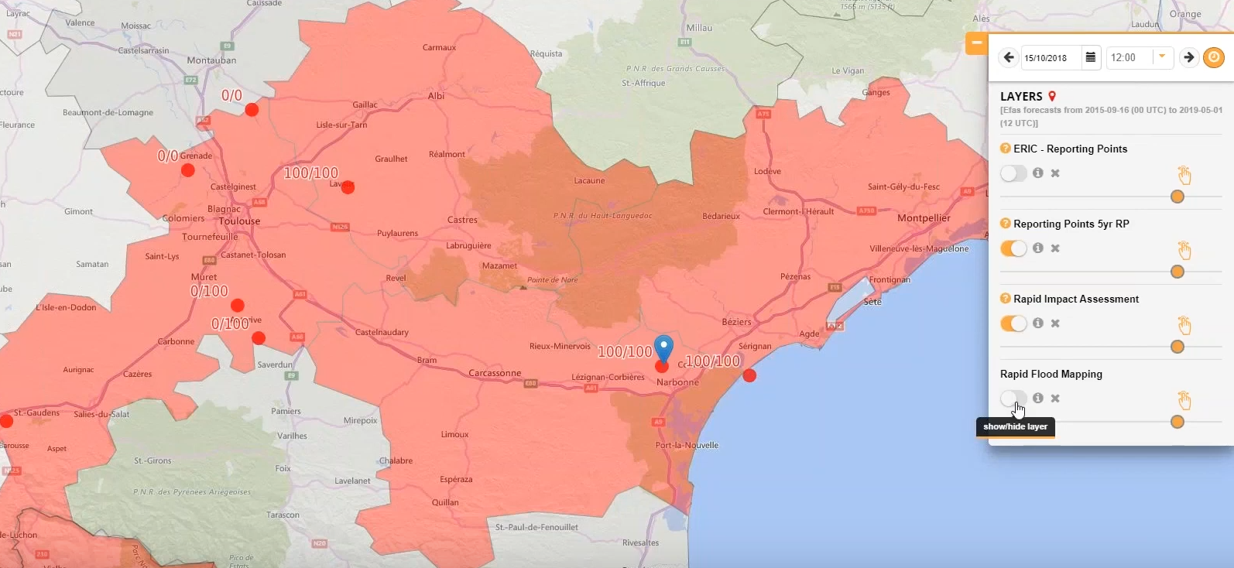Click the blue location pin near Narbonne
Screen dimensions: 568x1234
click(663, 347)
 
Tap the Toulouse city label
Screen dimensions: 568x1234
click(239, 221)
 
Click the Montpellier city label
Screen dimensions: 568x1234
click(923, 218)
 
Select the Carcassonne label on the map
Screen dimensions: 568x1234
click(495, 373)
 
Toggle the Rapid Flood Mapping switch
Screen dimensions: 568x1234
click(1013, 399)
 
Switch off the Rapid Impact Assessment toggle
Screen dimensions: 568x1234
click(1013, 323)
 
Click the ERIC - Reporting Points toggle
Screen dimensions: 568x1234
click(1013, 173)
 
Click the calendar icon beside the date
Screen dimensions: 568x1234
click(1091, 57)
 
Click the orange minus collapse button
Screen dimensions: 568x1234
click(976, 43)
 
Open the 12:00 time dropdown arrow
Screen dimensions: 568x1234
click(1162, 56)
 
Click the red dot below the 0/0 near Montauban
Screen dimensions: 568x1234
click(252, 110)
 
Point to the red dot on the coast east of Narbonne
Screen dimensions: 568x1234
click(749, 375)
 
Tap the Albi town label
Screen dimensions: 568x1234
click(436, 96)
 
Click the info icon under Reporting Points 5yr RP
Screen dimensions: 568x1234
click(1037, 248)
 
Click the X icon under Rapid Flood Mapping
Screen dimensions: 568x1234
click(1055, 399)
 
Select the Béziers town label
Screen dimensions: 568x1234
click(736, 322)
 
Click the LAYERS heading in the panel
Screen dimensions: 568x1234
click(1021, 97)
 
